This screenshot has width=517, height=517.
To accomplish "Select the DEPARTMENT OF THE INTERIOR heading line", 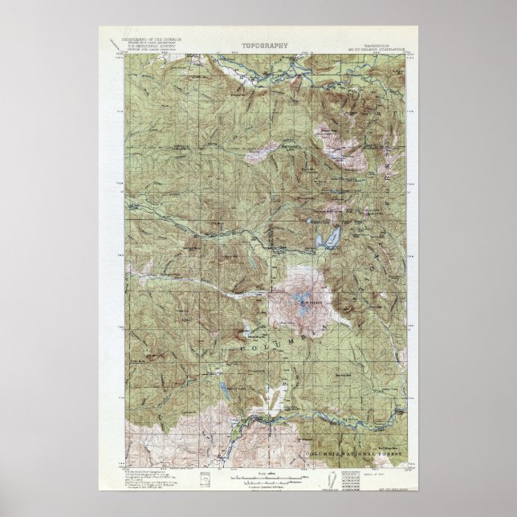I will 152,38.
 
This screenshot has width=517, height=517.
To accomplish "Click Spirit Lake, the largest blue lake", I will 329,238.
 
